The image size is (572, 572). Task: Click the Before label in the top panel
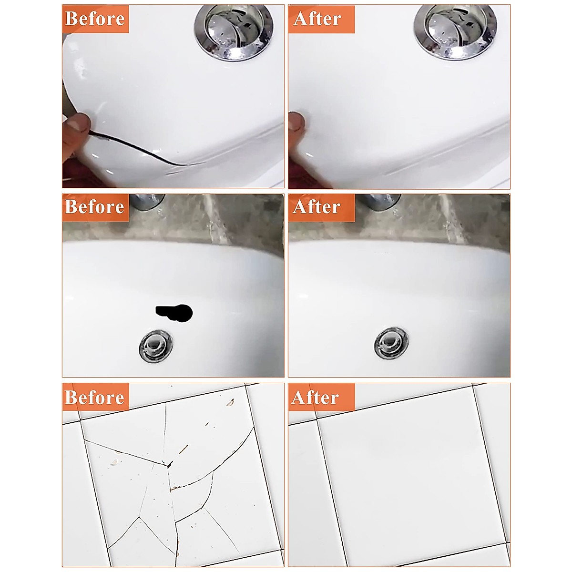(x=95, y=19)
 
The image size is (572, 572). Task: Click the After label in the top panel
(x=318, y=19)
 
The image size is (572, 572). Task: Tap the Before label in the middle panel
(x=95, y=207)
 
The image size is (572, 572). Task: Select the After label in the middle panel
(x=317, y=207)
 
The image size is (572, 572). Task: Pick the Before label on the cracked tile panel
(x=95, y=397)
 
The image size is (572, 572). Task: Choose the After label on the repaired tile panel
(x=316, y=397)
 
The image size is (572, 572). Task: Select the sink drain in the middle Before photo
(x=155, y=345)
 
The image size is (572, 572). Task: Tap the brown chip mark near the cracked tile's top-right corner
(x=230, y=403)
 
